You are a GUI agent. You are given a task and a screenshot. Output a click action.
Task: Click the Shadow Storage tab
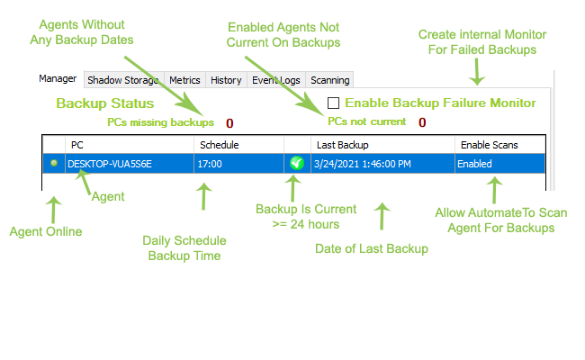[124, 80]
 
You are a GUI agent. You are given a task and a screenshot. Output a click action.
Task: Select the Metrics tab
[184, 80]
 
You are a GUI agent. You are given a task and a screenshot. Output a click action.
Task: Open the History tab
[226, 80]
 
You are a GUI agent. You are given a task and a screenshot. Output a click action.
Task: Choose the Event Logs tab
[274, 80]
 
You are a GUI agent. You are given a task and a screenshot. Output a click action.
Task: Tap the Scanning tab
[329, 80]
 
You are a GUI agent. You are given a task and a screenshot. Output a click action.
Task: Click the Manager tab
[58, 78]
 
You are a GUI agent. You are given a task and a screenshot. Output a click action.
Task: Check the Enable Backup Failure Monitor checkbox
[334, 103]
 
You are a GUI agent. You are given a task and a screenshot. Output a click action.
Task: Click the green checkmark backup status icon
[297, 163]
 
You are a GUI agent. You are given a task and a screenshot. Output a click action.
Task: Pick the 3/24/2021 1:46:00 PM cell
[362, 164]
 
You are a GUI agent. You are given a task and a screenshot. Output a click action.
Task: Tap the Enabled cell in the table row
[474, 164]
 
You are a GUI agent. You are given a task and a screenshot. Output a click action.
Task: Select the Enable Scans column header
[489, 145]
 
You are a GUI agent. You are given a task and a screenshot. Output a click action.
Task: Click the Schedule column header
[219, 145]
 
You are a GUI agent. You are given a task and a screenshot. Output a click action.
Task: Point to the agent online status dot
[54, 163]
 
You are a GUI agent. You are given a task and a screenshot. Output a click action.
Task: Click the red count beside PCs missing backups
[229, 122]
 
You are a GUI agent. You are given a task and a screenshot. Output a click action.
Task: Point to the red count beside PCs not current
[422, 122]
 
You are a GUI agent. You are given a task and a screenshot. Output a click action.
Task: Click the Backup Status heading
[97, 103]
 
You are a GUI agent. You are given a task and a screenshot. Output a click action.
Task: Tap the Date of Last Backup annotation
[371, 248]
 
